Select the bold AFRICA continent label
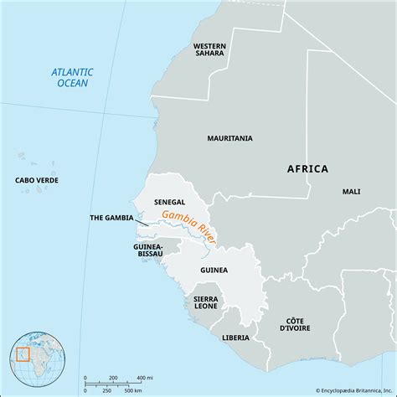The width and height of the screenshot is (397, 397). [307, 168]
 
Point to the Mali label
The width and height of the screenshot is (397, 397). [351, 192]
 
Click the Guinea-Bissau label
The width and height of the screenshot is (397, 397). [147, 252]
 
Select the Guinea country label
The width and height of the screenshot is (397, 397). [214, 271]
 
